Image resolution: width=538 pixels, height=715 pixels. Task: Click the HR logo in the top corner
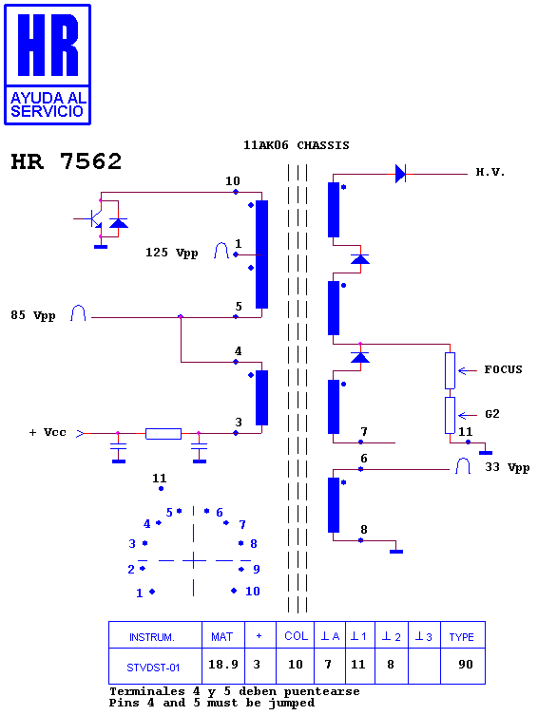point(48,65)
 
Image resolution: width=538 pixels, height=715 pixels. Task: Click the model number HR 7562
point(67,161)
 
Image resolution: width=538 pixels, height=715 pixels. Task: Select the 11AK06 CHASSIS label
point(297,145)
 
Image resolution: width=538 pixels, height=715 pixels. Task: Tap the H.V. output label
point(490,173)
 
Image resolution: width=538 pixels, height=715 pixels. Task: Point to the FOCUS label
point(503,369)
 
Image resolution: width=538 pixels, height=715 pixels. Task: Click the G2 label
point(492,414)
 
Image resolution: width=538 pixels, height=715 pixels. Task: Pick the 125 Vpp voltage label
point(172,253)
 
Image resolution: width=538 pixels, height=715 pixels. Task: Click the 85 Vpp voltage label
point(33,315)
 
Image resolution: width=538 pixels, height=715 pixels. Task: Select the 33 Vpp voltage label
point(507,467)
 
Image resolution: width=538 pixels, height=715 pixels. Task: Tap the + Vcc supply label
point(48,432)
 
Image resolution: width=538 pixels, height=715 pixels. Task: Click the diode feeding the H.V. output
point(400,174)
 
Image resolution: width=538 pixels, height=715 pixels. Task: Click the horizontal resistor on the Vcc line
point(163,433)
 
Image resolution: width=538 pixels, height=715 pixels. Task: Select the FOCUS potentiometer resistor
point(450,370)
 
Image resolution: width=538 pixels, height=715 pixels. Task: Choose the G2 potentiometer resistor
point(450,415)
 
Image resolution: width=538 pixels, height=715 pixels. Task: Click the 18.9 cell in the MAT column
point(223,665)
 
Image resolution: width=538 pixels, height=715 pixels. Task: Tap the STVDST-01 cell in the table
point(153,668)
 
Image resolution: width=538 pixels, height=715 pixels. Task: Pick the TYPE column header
point(461,637)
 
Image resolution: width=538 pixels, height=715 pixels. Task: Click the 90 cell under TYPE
point(466,665)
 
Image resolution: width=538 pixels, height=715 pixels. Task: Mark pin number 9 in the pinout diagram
point(257,569)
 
